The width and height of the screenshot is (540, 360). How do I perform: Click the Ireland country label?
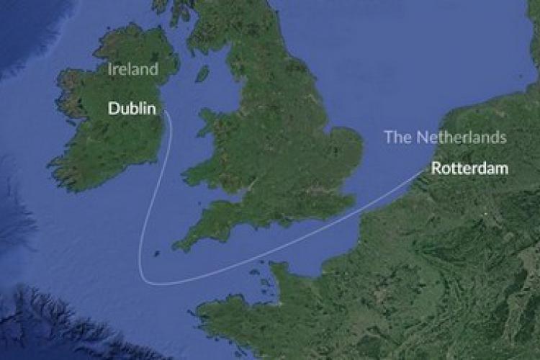[x=132, y=70]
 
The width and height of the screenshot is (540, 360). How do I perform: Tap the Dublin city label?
[x=132, y=109]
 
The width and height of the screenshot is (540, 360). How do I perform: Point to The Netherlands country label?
[x=445, y=138]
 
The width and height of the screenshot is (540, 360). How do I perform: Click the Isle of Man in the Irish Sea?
[x=202, y=73]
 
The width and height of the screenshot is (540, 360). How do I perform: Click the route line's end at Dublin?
[x=166, y=112]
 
